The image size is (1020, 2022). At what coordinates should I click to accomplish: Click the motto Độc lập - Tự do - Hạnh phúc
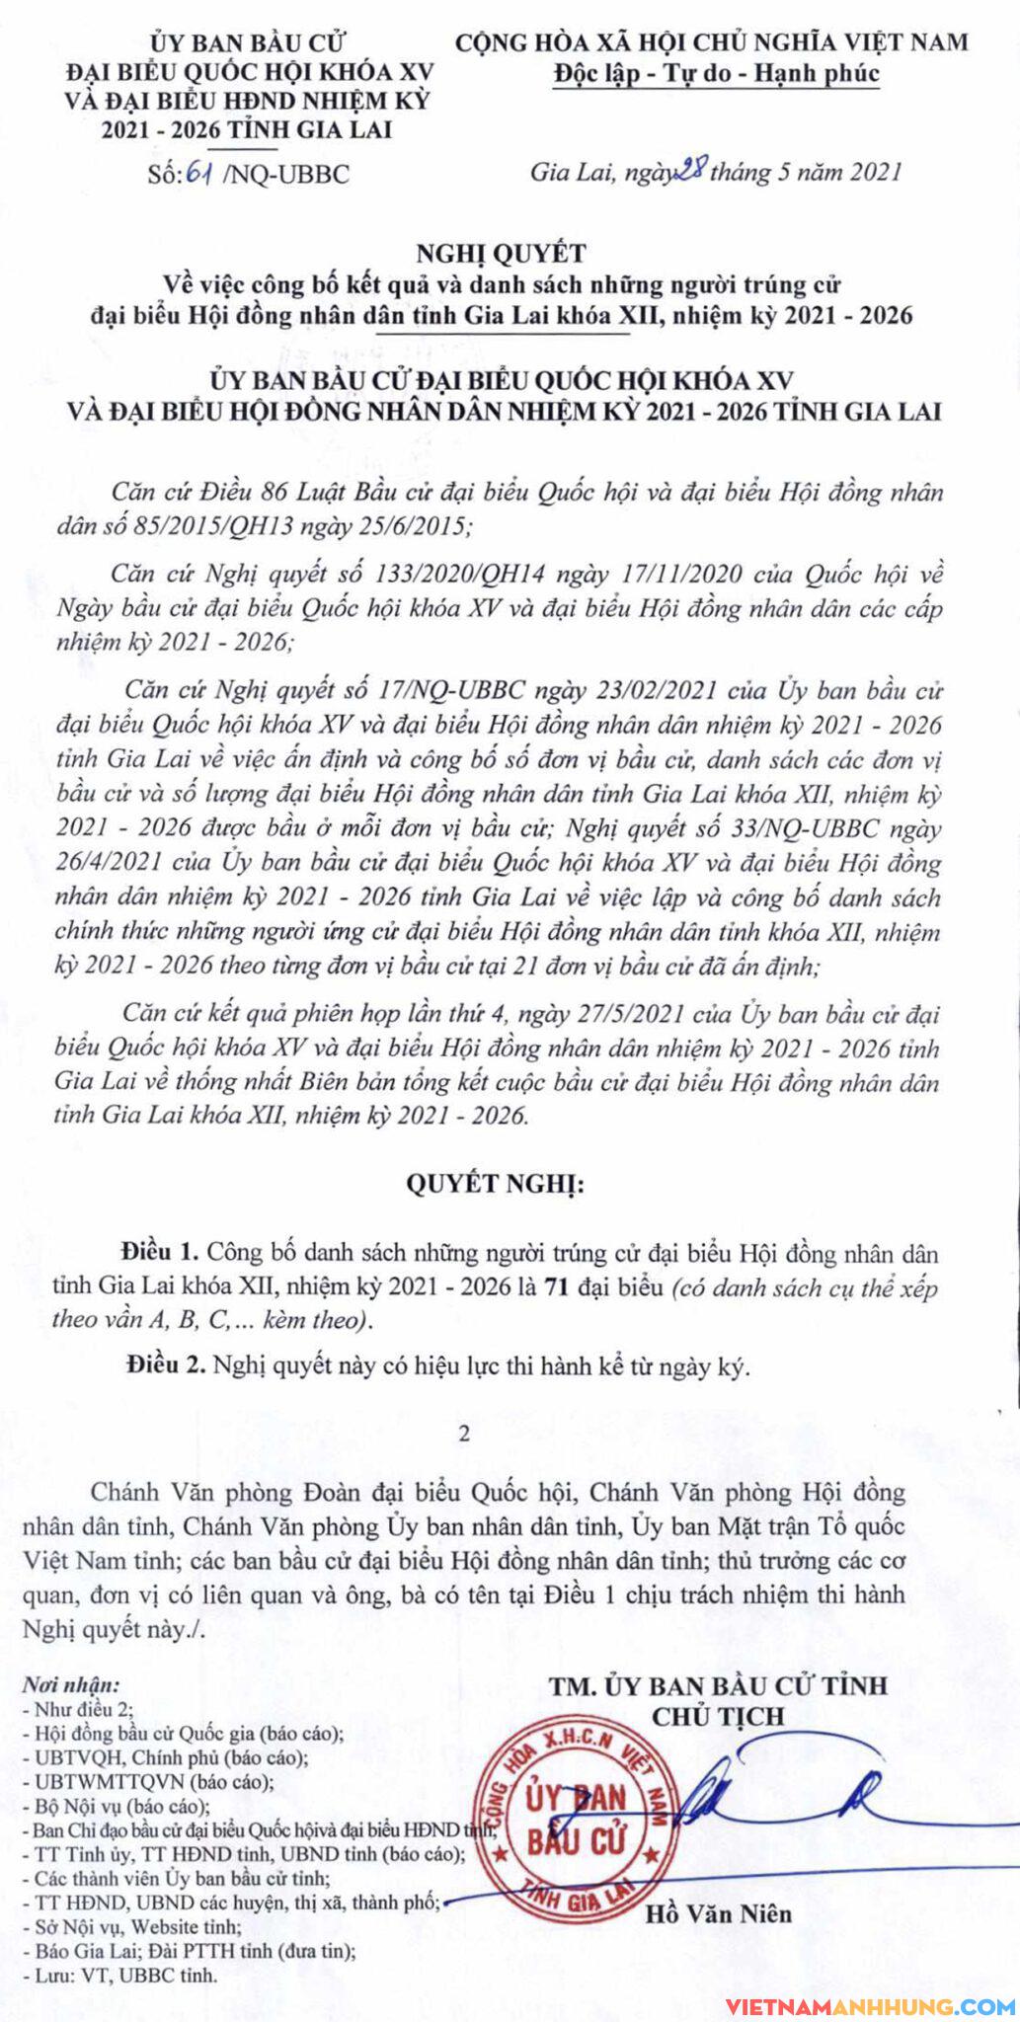coord(716,73)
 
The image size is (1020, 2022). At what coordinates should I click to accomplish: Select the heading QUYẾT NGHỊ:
coord(495,1185)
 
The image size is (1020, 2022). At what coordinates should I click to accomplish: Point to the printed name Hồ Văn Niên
coord(719,1914)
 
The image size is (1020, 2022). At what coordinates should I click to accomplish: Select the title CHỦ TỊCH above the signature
coord(718,1716)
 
